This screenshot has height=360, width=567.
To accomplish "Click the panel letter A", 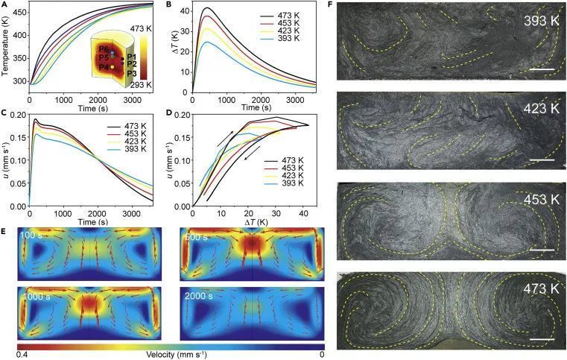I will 4,6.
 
